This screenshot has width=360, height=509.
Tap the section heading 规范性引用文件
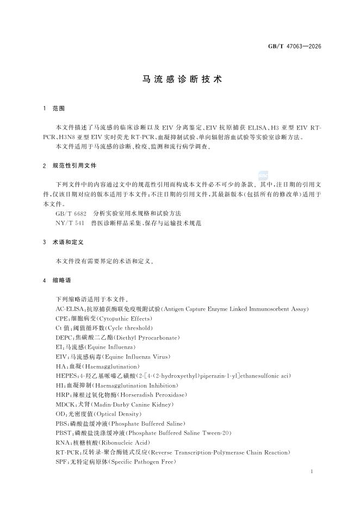(75, 165)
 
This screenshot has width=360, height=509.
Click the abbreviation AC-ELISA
(69, 309)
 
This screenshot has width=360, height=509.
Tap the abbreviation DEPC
(65, 337)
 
